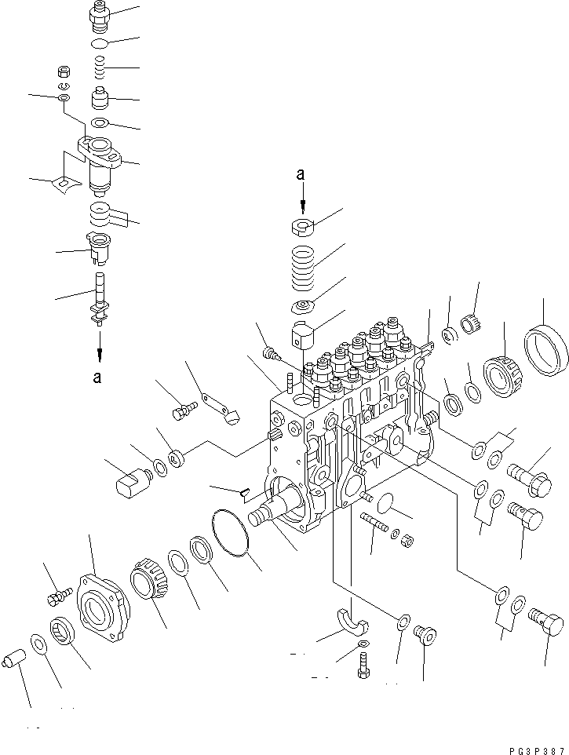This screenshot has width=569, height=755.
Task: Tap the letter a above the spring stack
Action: pyautogui.click(x=300, y=177)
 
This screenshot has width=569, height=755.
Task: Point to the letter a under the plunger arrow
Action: pyautogui.click(x=97, y=377)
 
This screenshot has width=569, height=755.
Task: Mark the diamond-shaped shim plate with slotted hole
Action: pyautogui.click(x=61, y=184)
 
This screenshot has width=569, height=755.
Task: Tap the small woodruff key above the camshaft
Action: pyautogui.click(x=243, y=492)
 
